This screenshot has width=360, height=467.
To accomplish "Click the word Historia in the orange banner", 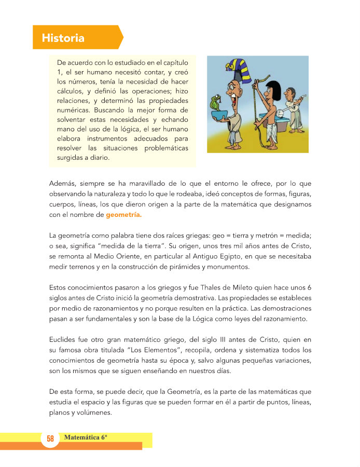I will click(x=63, y=38).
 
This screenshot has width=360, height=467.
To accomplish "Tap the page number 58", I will click(x=50, y=439).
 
